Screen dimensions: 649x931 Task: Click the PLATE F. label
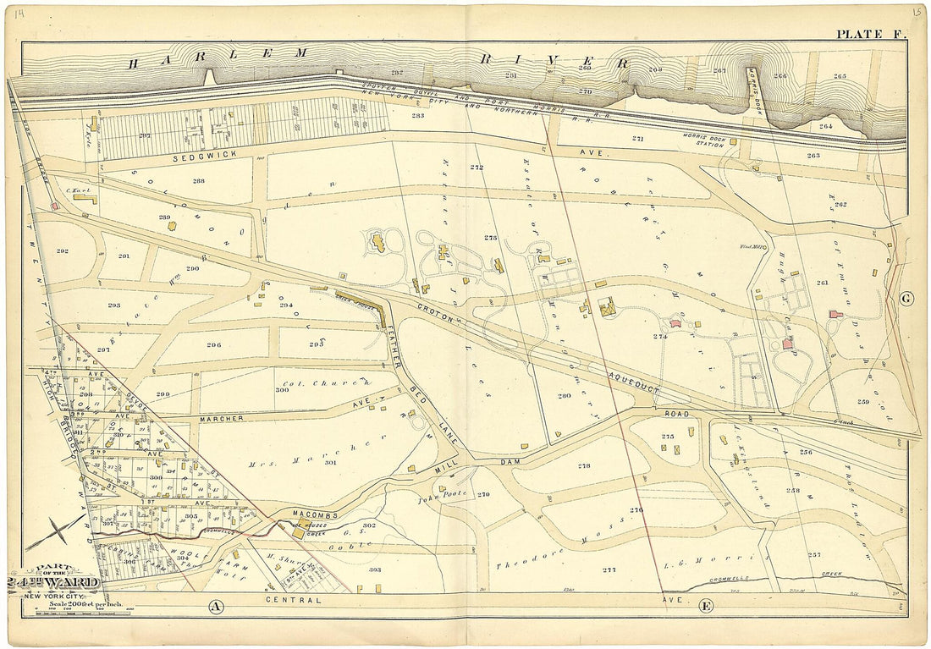click(871, 34)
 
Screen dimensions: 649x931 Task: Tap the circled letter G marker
click(907, 298)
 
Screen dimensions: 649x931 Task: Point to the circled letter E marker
click(703, 605)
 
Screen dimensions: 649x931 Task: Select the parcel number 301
click(330, 463)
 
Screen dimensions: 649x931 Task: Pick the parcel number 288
click(199, 181)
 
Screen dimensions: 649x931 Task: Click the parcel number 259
click(862, 401)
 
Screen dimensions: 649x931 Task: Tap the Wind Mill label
click(751, 247)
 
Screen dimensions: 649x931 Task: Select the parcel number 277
click(609, 570)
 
